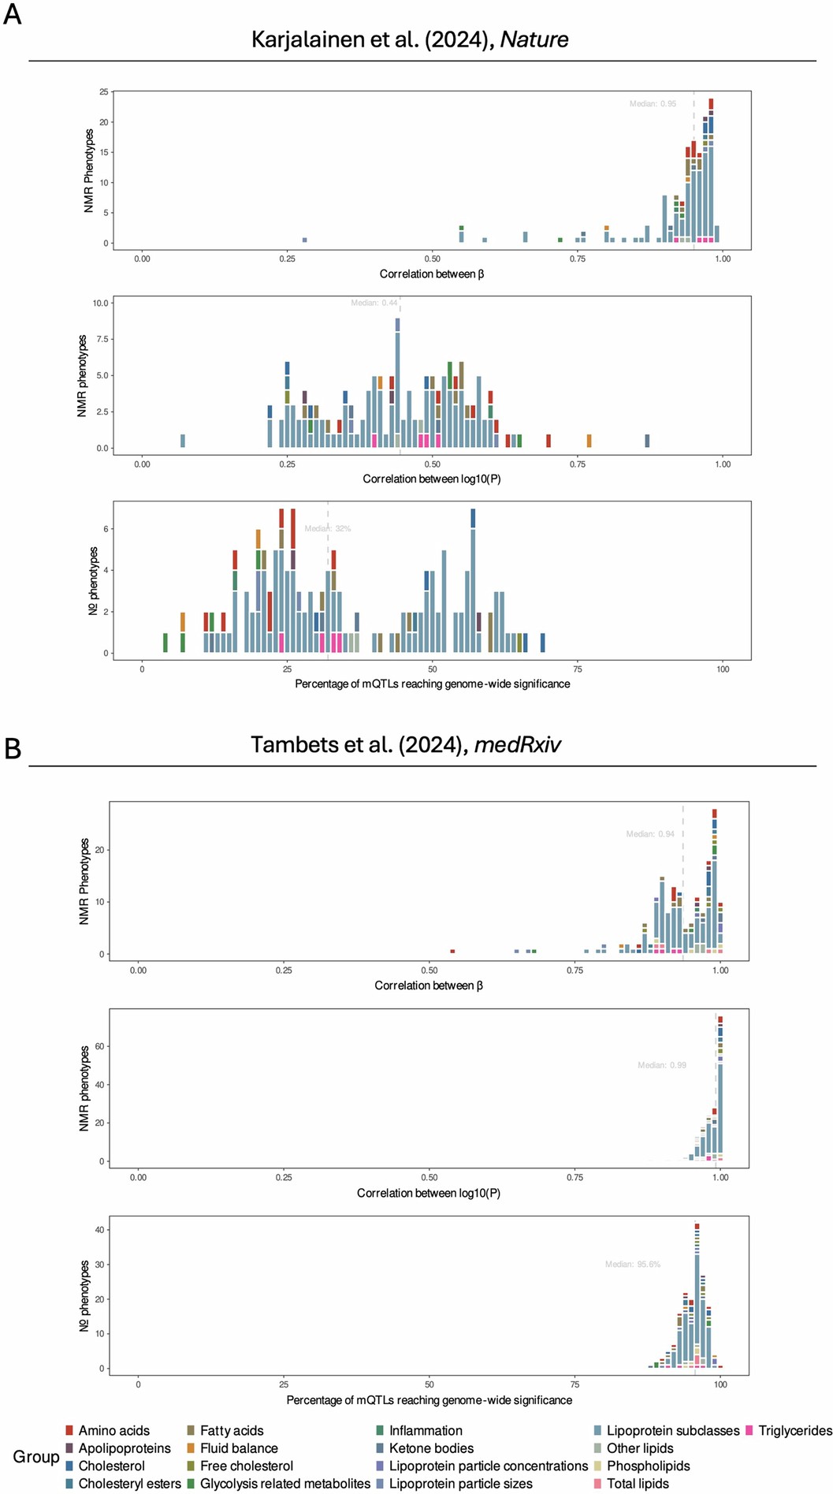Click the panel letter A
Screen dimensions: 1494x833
point(12,14)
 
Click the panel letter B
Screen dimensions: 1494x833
point(12,747)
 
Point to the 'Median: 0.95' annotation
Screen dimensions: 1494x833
point(653,103)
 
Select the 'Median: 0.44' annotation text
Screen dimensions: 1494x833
point(374,303)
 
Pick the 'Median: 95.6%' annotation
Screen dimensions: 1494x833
point(633,1264)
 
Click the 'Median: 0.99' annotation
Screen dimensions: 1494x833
point(662,1065)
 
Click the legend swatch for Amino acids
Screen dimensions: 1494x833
point(69,1430)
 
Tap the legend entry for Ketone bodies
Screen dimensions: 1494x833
point(431,1448)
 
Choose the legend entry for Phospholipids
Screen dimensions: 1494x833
point(648,1466)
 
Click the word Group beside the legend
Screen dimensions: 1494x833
point(36,1456)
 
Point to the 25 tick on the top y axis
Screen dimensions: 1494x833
point(103,92)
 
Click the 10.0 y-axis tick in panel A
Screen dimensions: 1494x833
point(100,303)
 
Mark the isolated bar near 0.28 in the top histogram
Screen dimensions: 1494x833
point(304,240)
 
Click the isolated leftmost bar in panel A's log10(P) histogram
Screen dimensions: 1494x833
point(183,441)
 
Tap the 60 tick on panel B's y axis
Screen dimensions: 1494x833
point(100,1046)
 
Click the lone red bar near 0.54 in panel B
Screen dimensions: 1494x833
point(452,951)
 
